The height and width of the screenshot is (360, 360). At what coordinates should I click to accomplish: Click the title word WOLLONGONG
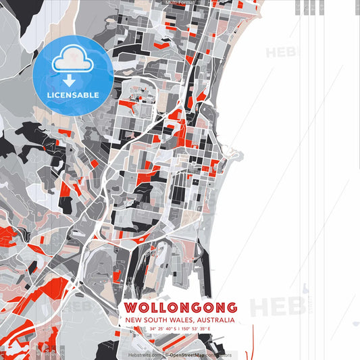(180, 307)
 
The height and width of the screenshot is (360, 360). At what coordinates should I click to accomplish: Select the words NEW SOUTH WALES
(155, 319)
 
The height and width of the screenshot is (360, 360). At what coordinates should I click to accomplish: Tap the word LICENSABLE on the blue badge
(73, 95)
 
